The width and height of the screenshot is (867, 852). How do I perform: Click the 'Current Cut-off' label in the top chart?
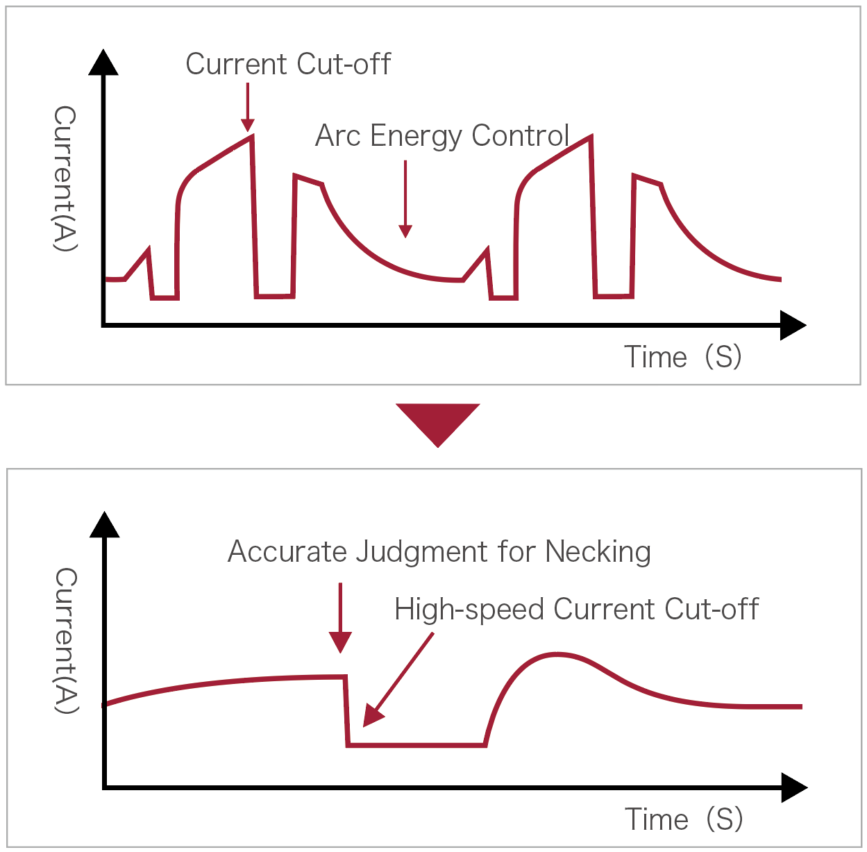288,65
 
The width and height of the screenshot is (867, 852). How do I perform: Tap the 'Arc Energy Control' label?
442,136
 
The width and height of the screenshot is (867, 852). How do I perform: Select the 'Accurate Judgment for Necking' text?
439,552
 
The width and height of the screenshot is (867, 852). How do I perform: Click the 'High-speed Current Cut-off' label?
576,610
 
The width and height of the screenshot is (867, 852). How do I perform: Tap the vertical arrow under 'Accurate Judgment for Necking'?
340,619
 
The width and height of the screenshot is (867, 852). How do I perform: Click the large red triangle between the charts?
437,423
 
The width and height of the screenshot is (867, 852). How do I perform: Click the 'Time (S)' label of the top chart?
683,357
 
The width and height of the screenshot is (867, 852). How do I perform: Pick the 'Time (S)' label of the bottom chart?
684,819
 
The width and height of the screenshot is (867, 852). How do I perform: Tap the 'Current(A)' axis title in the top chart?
65,178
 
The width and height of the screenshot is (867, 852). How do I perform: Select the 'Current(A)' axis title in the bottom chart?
66,640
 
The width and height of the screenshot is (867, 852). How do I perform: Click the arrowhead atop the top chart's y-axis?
103,62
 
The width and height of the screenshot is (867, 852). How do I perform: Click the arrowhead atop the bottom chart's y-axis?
104,524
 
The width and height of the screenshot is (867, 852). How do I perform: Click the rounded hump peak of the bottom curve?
556,654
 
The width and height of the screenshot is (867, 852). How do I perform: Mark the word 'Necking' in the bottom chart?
598,552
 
